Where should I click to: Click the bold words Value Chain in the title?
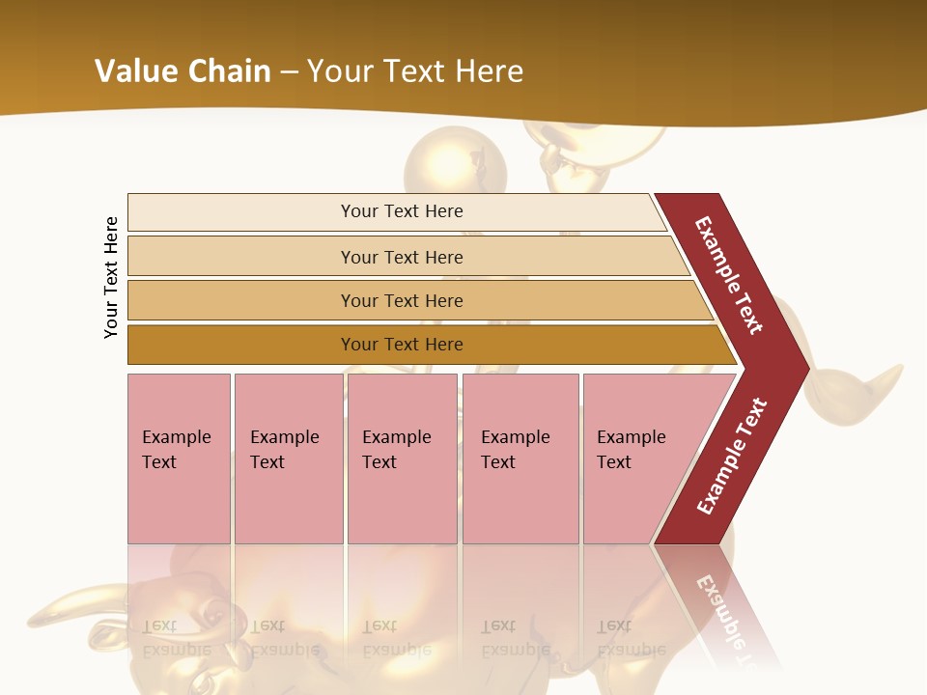pos(183,71)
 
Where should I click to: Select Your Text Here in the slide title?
pos(415,71)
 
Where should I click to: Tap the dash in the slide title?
pos(289,72)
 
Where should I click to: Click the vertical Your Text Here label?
pos(111,277)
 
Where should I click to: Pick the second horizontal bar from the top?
pos(402,257)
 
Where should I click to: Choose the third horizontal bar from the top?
pos(402,300)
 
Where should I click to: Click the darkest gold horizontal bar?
pos(402,345)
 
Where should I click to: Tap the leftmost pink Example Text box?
pos(179,459)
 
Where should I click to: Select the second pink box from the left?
pos(288,459)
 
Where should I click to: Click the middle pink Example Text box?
pos(402,459)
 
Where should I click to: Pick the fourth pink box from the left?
pos(520,459)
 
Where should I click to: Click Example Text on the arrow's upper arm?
pos(729,275)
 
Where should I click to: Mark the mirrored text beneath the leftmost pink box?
pos(177,637)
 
